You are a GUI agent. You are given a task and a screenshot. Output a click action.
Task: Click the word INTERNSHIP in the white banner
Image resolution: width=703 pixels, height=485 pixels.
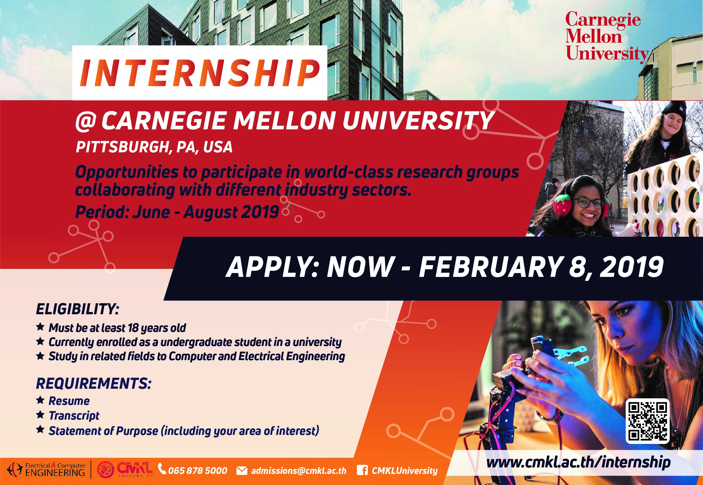click(x=200, y=73)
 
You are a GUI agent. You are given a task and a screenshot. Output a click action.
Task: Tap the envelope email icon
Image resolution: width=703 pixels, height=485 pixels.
click(x=242, y=471)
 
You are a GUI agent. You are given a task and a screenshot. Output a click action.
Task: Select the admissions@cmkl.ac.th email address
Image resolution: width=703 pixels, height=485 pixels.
click(x=299, y=471)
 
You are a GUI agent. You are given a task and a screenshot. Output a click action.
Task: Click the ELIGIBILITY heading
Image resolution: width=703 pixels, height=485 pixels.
click(x=77, y=309)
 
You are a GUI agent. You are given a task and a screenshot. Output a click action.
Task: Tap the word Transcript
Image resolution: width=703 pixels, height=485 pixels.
click(x=74, y=415)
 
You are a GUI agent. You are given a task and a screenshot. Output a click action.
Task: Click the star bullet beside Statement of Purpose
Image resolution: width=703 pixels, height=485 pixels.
click(x=40, y=430)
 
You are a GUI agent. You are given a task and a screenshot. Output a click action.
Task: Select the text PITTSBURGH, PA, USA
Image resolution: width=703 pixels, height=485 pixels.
click(x=154, y=147)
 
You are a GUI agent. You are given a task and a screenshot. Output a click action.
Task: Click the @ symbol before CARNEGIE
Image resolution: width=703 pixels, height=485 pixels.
click(x=86, y=121)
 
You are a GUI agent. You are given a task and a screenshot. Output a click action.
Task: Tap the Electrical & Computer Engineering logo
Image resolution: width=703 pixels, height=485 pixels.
click(x=46, y=470)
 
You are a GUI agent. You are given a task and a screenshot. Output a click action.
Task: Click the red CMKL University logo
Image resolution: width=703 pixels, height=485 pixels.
click(x=125, y=470)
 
